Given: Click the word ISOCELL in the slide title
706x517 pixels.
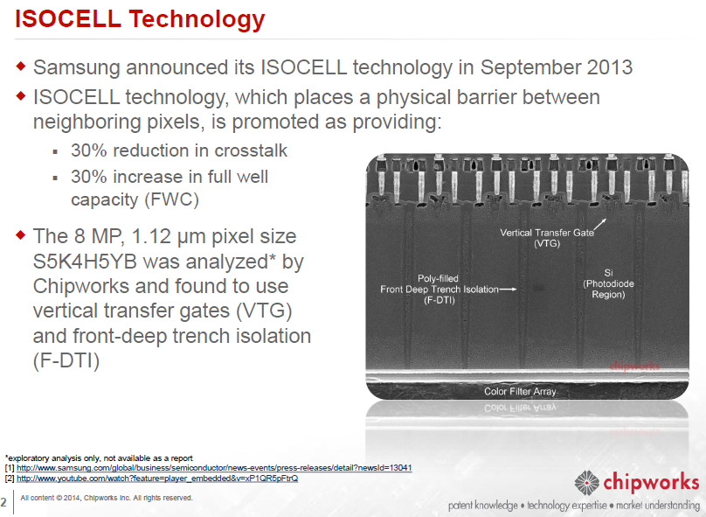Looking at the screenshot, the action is (68, 19).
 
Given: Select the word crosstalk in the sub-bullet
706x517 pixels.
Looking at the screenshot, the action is (251, 150).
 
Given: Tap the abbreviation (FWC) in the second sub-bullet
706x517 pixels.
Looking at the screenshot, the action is (172, 199).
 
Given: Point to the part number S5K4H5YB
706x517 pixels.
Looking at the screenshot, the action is (85, 262).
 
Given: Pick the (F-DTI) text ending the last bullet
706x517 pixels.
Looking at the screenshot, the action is (66, 360).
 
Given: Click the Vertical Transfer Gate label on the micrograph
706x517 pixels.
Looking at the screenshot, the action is (547, 238).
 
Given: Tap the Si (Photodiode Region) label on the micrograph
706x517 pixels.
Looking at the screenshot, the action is (608, 283).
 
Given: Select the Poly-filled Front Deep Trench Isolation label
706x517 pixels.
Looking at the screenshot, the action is (439, 290).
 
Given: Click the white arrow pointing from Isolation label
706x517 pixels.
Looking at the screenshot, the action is (508, 290).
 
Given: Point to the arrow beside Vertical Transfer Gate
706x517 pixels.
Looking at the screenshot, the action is (599, 225).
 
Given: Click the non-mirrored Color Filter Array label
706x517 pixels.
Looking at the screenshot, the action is (520, 391).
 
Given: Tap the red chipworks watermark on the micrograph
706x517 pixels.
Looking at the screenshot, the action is (634, 366).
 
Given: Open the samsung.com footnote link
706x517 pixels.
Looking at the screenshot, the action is (214, 468).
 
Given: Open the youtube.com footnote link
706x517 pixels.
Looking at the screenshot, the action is (157, 479).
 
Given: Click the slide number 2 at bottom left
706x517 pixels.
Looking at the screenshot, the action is (3, 502).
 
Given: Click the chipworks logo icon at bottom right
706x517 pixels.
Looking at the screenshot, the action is (586, 483).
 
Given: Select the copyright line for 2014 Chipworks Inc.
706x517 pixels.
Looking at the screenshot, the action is (107, 498).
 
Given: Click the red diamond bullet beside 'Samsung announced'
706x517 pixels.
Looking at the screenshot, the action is (21, 66).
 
